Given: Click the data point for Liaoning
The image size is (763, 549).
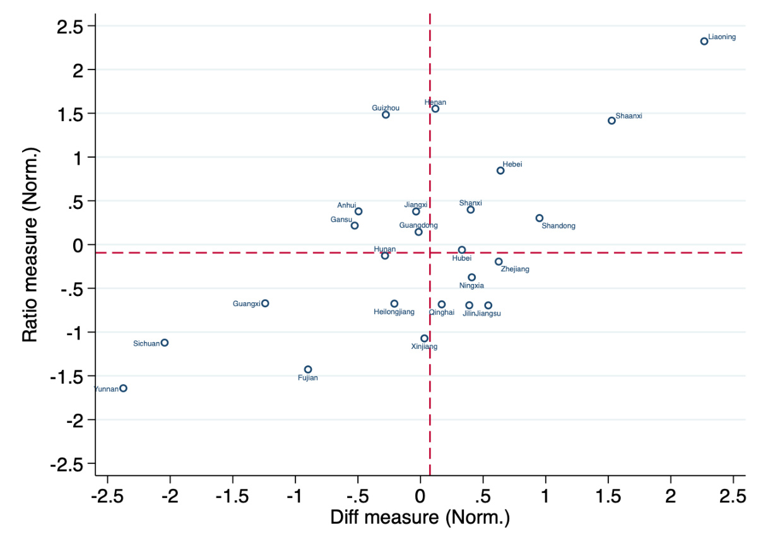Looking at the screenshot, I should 704,41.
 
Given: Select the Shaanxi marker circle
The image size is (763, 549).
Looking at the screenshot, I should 612,121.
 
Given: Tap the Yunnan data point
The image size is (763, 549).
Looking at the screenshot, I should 123,388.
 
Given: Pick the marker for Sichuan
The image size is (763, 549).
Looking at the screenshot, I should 165,343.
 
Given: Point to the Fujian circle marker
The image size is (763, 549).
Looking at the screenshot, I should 308,369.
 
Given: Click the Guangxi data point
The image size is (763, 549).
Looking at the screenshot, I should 265,303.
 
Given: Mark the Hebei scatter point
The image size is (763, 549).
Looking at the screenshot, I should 500,170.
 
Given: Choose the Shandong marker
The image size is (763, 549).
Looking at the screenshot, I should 540,218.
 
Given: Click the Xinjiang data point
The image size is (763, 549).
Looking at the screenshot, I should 425,338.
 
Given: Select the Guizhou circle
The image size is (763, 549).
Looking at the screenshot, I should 386,115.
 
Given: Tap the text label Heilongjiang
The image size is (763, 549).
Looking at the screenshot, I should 394,312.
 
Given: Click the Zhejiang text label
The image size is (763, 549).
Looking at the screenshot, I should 515,269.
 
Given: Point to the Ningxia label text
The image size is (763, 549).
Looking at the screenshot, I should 471,286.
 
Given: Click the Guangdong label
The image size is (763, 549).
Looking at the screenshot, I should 418,225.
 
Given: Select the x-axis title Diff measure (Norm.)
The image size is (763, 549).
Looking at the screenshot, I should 420,518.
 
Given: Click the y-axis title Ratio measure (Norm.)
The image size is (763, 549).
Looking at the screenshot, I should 30,245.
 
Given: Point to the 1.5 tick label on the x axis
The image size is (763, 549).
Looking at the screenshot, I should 608,497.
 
